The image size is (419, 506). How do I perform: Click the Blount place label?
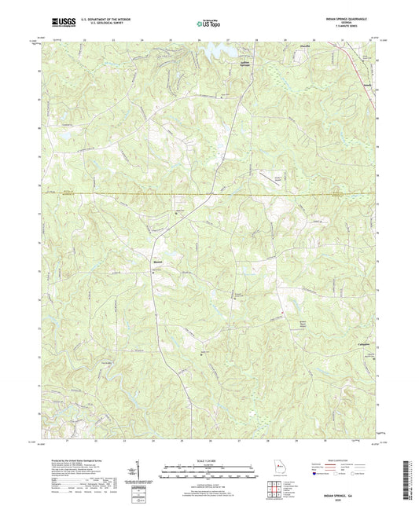tap(157, 263)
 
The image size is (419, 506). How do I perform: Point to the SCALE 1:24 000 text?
tap(208, 461)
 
